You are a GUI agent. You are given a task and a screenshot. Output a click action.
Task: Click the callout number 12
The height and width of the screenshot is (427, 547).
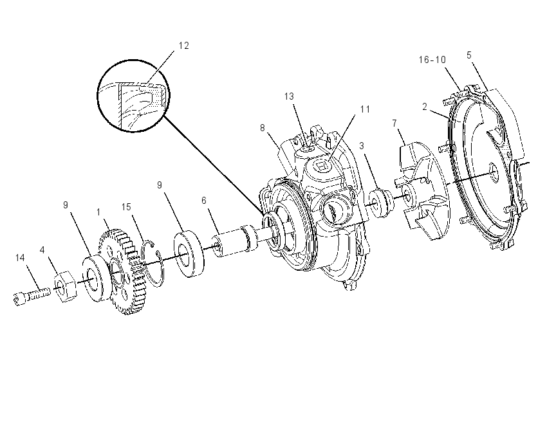tap(184, 46)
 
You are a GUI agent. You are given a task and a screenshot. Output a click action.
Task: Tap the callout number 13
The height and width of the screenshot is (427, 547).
tap(289, 96)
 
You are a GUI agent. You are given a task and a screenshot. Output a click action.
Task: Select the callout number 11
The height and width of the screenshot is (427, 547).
tap(365, 109)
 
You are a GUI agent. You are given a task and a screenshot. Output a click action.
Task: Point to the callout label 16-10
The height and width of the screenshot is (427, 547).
tap(432, 60)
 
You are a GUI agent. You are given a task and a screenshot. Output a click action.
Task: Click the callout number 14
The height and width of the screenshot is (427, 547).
tap(20, 258)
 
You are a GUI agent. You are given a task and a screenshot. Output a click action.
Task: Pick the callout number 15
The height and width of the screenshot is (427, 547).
tap(126, 207)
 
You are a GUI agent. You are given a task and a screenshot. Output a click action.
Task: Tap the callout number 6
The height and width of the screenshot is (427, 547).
tap(204, 201)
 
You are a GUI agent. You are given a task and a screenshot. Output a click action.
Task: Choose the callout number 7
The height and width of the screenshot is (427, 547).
tap(394, 123)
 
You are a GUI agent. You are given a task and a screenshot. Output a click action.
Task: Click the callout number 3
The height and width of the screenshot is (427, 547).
tap(362, 146)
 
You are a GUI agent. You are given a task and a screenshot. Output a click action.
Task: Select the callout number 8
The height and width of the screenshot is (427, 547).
tap(263, 128)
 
